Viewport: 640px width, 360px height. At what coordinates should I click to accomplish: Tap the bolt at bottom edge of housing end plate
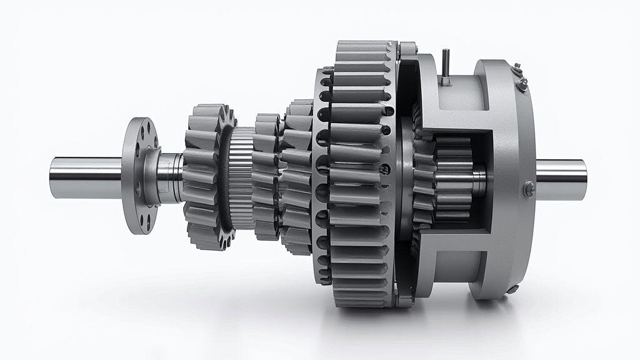tap(512, 288)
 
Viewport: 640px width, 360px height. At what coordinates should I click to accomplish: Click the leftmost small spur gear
tap(203, 178)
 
